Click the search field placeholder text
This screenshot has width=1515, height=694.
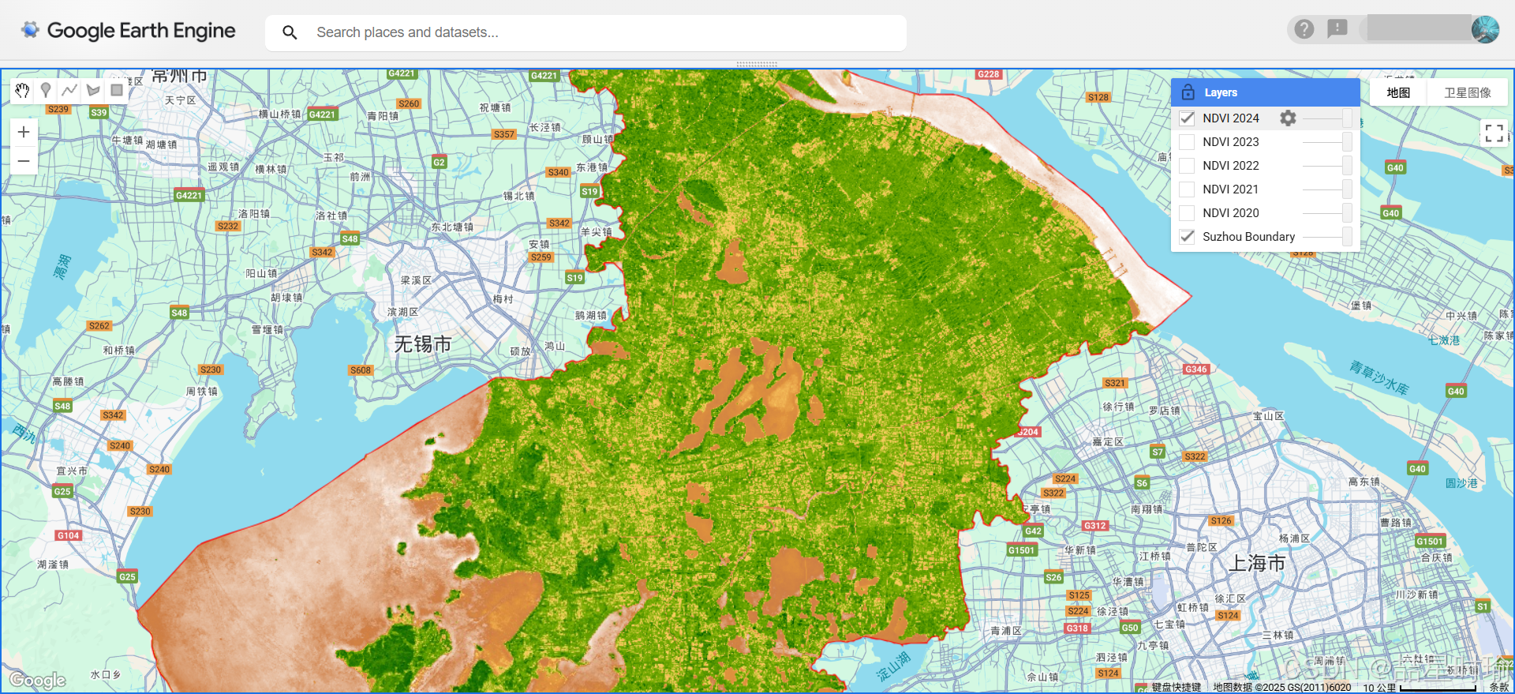pos(407,32)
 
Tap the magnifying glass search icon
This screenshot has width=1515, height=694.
pos(290,32)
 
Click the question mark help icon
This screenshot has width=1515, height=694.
pos(1304,29)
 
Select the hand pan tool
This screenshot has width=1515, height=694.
pos(22,90)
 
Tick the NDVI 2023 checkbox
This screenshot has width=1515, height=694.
pos(1187,142)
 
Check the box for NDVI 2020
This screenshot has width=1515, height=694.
pos(1187,213)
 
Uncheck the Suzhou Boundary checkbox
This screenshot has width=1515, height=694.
pos(1187,237)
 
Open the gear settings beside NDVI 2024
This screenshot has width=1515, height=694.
pos(1288,118)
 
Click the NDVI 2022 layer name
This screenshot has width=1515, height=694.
pos(1230,166)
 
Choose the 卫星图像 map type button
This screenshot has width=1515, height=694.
pos(1467,92)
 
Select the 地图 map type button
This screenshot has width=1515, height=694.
pos(1398,92)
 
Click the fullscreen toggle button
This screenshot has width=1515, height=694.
pos(1494,133)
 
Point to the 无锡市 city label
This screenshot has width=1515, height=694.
pos(422,344)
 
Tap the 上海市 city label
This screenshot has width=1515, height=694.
pos(1257,563)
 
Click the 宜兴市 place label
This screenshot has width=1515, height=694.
pos(72,471)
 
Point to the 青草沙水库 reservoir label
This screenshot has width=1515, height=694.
pos(1378,377)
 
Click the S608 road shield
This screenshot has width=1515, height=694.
pos(361,370)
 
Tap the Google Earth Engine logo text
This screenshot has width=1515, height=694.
pos(141,31)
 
